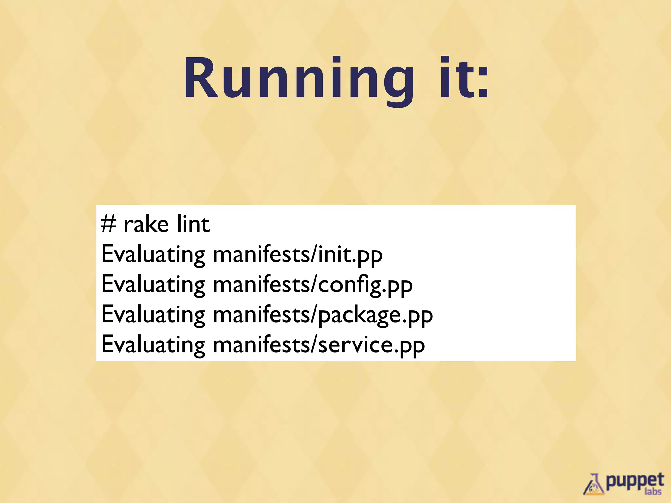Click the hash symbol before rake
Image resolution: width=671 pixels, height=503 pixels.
[x=108, y=224]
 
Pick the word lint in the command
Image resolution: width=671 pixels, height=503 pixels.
[x=193, y=224]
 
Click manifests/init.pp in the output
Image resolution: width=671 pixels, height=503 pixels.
[x=297, y=254]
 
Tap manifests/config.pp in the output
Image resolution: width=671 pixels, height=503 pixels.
[x=313, y=285]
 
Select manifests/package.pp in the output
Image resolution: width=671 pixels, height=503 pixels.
[x=323, y=315]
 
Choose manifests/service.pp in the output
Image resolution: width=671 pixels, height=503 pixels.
[x=319, y=345]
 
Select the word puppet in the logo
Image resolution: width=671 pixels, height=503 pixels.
[x=635, y=481]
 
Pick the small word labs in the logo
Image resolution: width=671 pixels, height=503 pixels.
[x=653, y=492]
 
